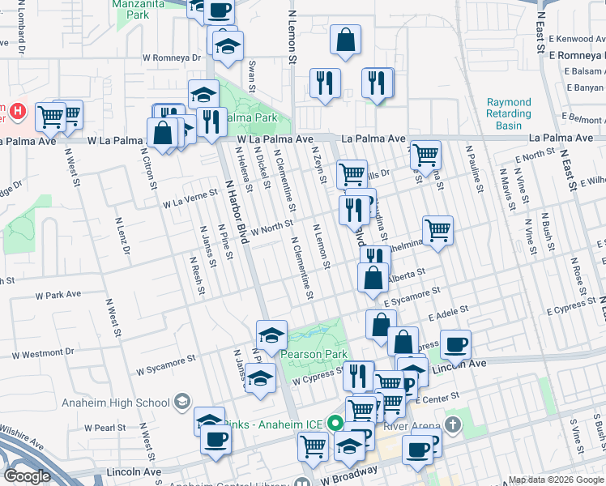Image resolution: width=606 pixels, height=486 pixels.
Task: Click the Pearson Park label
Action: point(314,354)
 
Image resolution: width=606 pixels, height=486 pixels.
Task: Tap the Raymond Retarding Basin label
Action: point(510,114)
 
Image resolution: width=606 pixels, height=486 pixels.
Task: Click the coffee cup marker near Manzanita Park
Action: point(218,11)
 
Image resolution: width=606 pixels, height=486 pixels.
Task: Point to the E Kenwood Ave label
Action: point(578,39)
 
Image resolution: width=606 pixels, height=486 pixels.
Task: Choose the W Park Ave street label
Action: point(58,294)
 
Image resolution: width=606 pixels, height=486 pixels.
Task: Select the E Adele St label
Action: point(449,310)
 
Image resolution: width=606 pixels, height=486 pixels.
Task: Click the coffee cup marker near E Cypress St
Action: point(455,343)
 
